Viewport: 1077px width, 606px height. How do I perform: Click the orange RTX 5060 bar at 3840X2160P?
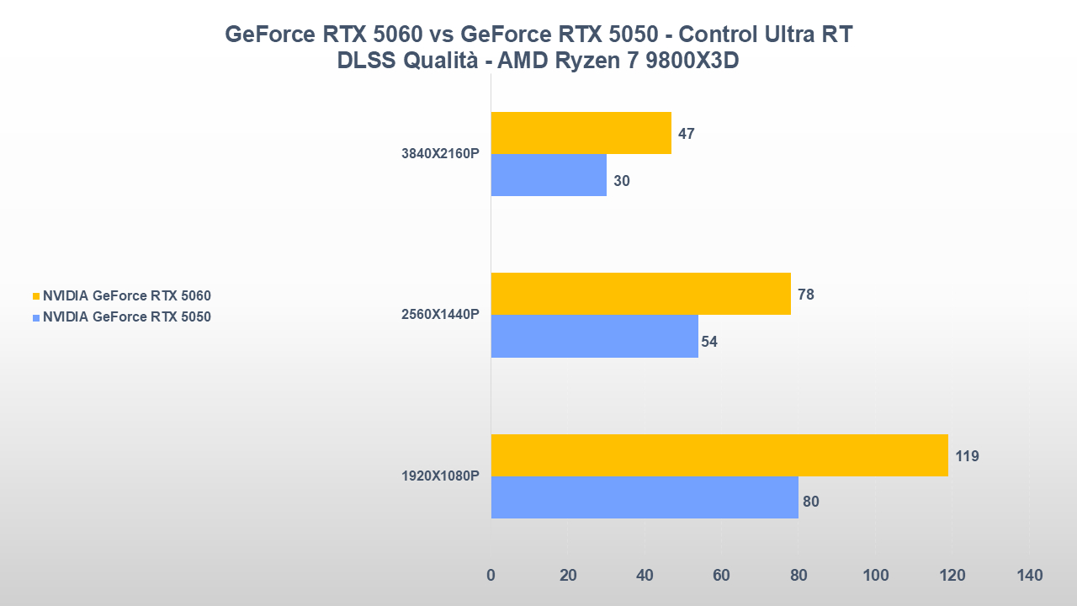(581, 133)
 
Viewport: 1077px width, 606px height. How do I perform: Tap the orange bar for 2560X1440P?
(640, 294)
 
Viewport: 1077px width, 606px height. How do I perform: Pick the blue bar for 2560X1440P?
(594, 336)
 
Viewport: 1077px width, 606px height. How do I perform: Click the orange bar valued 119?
(719, 455)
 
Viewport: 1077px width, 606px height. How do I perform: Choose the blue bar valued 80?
(644, 497)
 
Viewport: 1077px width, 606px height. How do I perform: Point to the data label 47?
(686, 134)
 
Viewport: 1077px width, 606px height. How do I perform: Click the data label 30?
(622, 181)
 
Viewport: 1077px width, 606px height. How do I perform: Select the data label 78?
(805, 295)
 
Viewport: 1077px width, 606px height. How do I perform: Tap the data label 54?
(709, 342)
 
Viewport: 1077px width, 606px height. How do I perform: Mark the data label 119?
(967, 456)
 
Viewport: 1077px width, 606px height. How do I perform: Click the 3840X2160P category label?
(440, 154)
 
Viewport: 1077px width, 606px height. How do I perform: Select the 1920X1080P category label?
(440, 476)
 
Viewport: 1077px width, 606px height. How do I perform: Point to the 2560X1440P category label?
(440, 315)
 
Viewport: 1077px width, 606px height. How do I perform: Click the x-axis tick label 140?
(1029, 576)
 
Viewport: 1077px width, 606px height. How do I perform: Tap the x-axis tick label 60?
(721, 576)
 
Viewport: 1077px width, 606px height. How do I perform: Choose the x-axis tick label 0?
(491, 576)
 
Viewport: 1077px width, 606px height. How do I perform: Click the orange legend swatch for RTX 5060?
(36, 296)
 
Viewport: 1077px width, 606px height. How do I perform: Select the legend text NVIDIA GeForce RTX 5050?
(127, 317)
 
